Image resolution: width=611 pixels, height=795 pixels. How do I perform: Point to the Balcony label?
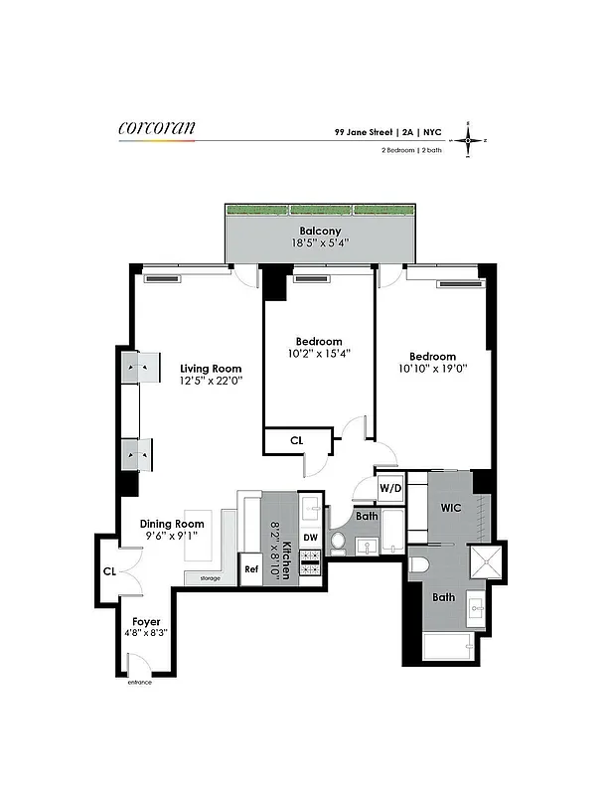(x=320, y=231)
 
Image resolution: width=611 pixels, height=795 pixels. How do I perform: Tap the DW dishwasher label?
(x=310, y=538)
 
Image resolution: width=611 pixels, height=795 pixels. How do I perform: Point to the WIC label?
(x=451, y=508)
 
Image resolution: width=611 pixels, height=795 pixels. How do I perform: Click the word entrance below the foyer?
(x=139, y=683)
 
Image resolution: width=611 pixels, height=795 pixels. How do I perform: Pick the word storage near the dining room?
(x=209, y=577)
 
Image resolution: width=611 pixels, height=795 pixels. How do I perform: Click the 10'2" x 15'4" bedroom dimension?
(x=319, y=353)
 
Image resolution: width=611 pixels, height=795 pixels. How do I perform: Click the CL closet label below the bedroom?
(x=296, y=440)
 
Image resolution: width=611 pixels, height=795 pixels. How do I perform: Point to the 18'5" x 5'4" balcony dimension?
(x=320, y=242)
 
